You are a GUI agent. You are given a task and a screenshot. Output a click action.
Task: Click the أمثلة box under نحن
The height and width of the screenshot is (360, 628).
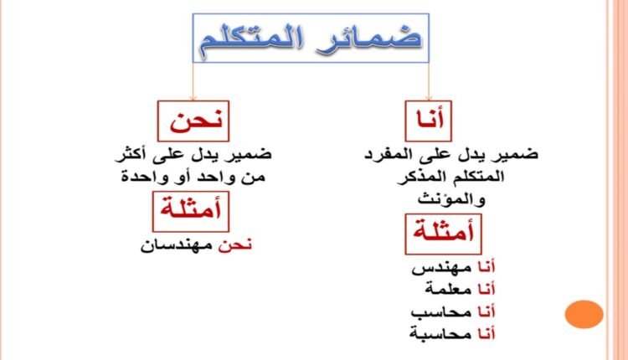coord(188,210)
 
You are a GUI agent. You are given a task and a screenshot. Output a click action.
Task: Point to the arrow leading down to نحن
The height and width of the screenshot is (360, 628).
coord(190,84)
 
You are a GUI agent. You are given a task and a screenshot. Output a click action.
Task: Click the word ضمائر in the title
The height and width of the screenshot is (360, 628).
coord(378,39)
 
